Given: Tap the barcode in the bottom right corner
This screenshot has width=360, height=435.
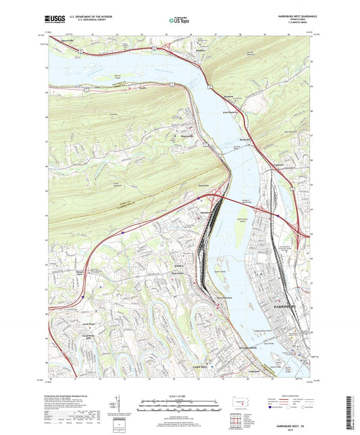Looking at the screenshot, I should (350, 412).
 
